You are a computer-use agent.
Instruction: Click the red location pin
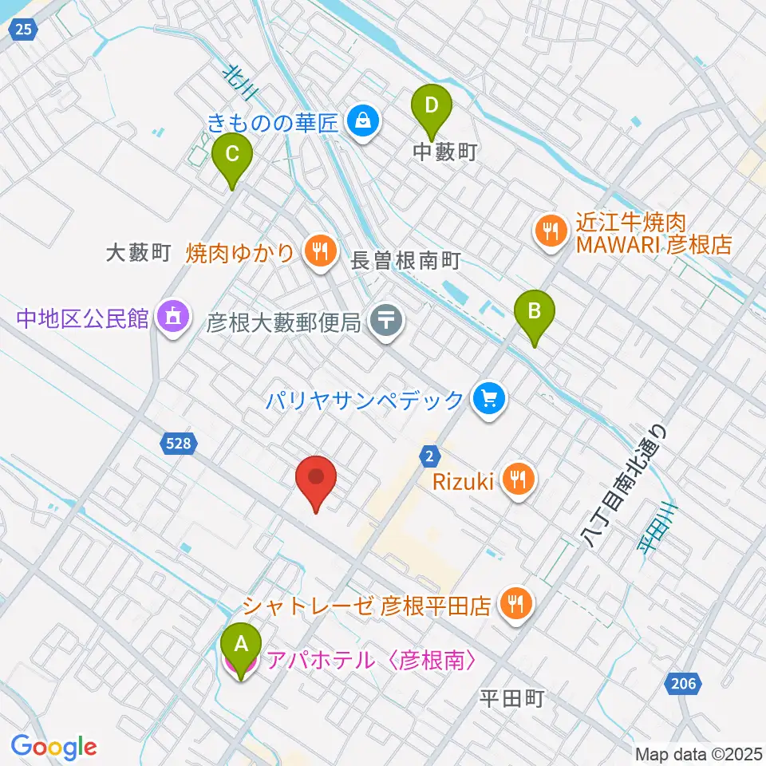[317, 480]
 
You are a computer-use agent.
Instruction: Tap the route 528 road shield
[179, 444]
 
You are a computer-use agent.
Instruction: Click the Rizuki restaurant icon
[519, 480]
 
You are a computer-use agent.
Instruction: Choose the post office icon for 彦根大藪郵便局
[387, 322]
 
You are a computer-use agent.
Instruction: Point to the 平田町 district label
[512, 700]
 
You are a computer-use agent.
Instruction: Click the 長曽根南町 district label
[407, 261]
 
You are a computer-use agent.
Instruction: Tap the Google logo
[53, 748]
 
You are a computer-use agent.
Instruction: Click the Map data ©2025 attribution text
[699, 753]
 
